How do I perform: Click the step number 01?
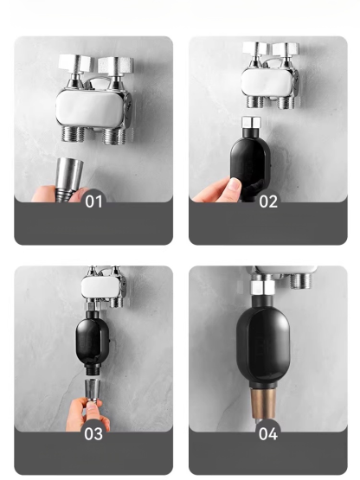click(x=93, y=202)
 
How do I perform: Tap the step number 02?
click(x=268, y=202)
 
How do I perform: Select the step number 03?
click(x=93, y=434)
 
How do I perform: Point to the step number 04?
click(x=268, y=434)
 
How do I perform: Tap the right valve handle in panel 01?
click(x=115, y=65)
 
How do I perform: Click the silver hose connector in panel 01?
click(x=69, y=172)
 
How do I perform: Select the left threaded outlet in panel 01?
click(x=73, y=133)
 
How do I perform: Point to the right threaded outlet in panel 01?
click(x=114, y=136)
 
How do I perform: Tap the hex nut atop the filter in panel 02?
click(x=251, y=122)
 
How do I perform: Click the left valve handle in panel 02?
click(x=256, y=48)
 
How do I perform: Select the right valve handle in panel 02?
click(x=286, y=49)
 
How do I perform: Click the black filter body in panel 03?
click(x=93, y=340)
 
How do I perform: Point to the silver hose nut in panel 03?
click(x=93, y=389)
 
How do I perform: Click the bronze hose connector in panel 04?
click(x=263, y=403)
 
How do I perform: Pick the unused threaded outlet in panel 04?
click(x=301, y=281)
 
